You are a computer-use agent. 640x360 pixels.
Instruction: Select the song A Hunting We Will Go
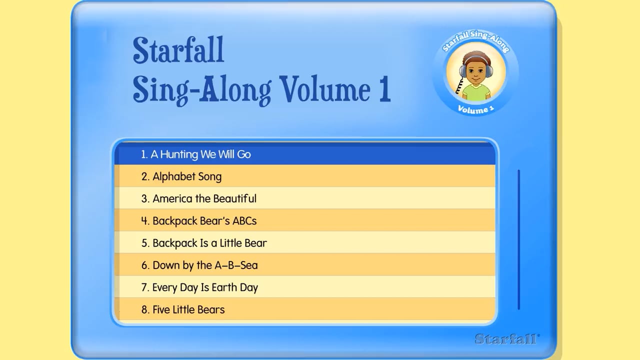click(200, 154)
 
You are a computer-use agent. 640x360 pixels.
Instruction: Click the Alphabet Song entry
click(187, 176)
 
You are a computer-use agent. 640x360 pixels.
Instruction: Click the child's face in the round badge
click(476, 70)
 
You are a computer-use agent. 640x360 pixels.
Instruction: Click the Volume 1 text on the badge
click(475, 109)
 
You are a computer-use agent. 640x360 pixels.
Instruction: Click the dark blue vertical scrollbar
click(518, 239)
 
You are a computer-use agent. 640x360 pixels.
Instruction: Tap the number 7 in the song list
click(144, 287)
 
